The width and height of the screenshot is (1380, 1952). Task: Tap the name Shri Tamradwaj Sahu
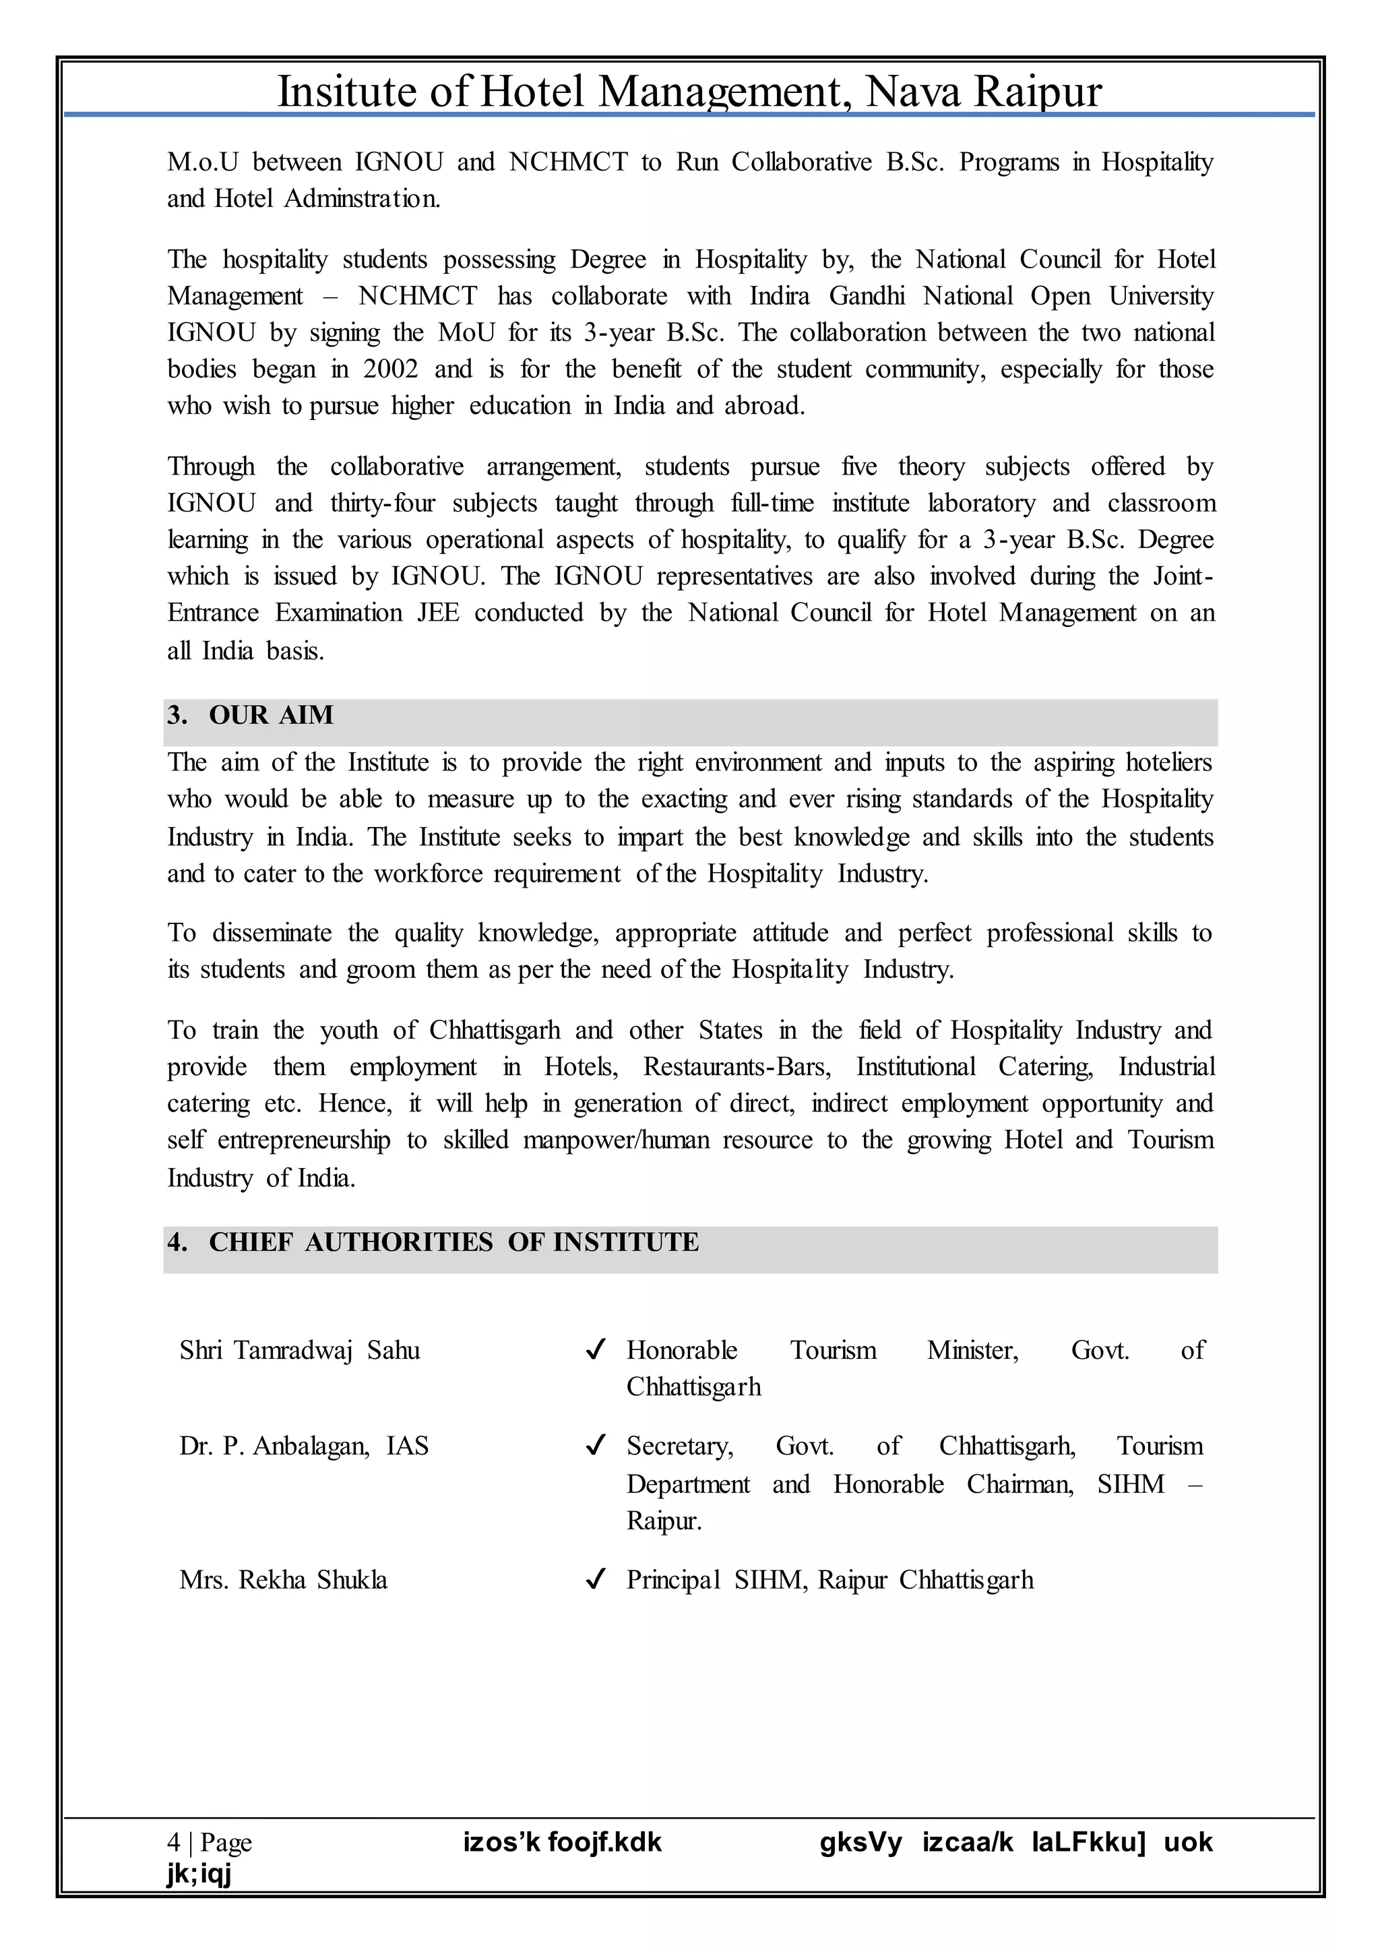click(299, 1351)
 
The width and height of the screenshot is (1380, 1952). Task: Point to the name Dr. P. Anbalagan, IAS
click(303, 1446)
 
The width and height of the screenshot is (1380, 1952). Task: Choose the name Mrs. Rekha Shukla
click(283, 1581)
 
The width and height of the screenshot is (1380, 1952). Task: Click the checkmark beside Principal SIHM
click(596, 1580)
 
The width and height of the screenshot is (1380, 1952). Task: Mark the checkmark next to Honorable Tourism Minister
click(596, 1350)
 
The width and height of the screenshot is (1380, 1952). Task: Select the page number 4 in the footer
click(173, 1842)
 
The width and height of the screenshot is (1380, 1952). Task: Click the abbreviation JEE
click(437, 613)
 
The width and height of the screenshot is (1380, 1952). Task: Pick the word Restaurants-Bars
click(736, 1067)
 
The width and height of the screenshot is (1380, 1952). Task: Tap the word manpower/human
click(615, 1140)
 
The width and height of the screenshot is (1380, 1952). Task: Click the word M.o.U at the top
click(203, 162)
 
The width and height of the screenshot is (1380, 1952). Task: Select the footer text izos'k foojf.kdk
click(562, 1842)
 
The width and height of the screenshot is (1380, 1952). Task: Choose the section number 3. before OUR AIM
click(177, 716)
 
